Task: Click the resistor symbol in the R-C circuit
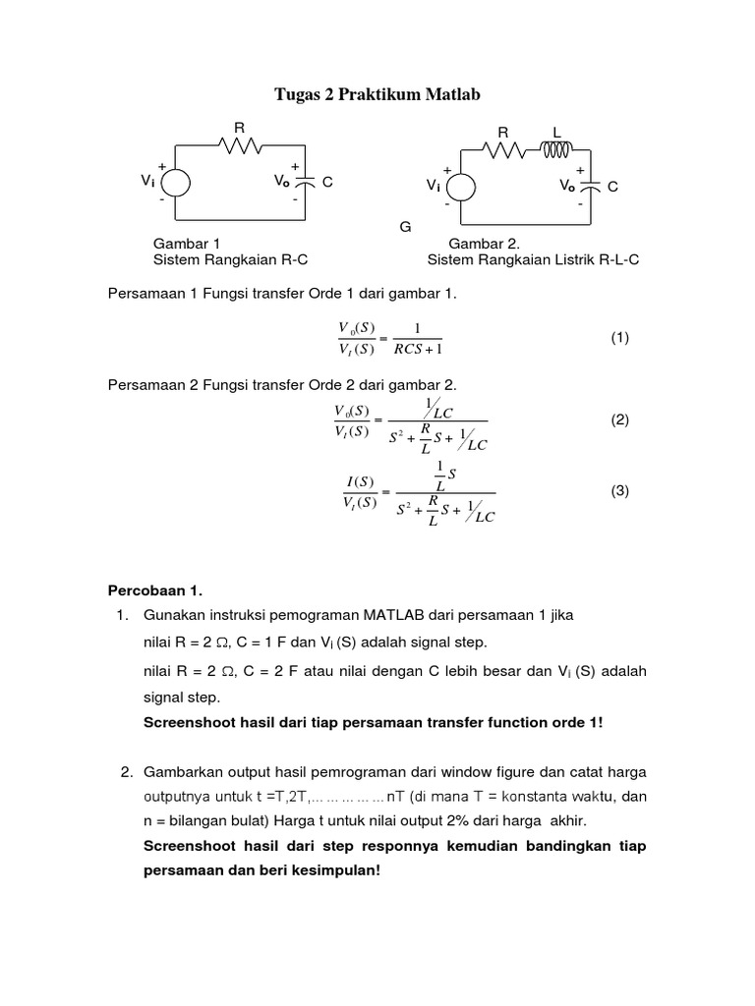[239, 145]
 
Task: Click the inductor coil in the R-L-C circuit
[555, 149]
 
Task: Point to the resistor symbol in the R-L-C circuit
[503, 150]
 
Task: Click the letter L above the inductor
[556, 131]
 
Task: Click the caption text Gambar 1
[187, 243]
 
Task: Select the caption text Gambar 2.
[484, 243]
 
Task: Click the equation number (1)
[619, 337]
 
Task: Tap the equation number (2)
[619, 419]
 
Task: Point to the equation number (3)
[619, 491]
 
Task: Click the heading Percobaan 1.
[153, 590]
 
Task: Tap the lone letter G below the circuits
[404, 227]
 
